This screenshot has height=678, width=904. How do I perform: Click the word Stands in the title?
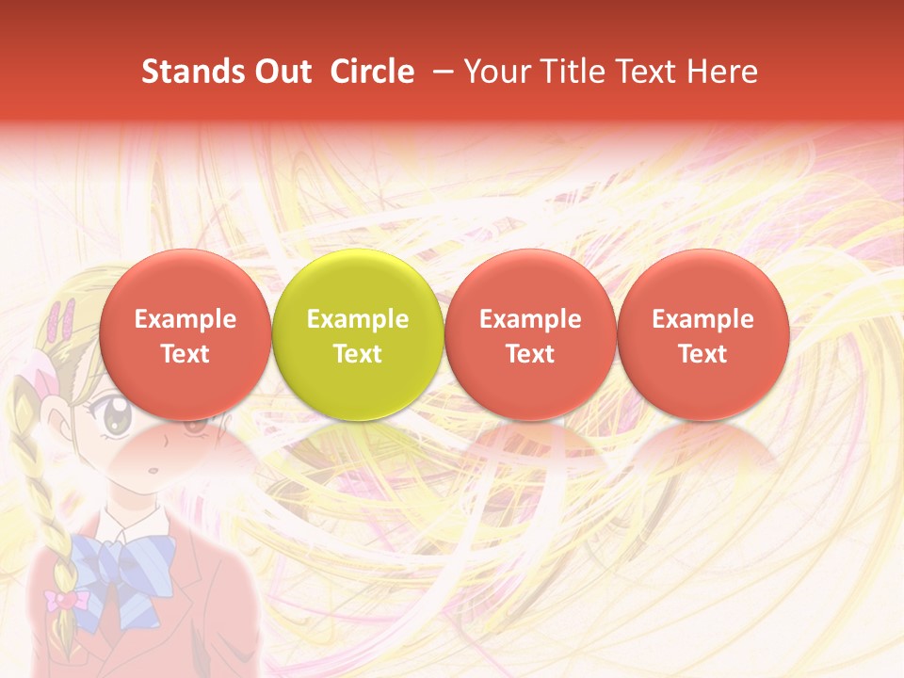[x=186, y=72]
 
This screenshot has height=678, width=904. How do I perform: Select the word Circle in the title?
[x=372, y=72]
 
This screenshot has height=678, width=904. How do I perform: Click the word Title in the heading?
[x=583, y=72]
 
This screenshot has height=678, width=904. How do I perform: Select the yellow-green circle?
[x=358, y=335]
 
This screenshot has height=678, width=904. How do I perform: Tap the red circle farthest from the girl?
[x=702, y=335]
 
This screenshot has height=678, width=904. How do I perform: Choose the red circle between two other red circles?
[x=530, y=335]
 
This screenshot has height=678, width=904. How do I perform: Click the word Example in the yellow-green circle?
[x=358, y=319]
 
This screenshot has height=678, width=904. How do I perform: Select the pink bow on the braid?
[x=67, y=599]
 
